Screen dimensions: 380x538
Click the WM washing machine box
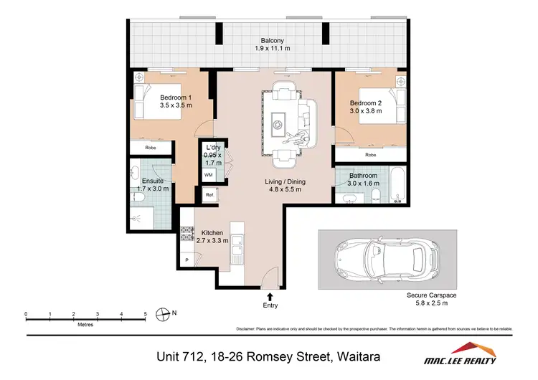[x=208, y=174]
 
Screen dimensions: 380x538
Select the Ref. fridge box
[x=209, y=195]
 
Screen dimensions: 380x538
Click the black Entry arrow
[x=270, y=295]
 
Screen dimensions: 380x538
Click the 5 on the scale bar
[x=145, y=314]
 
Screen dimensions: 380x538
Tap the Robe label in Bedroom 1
[x=151, y=148]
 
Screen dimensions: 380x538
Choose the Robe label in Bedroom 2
[x=370, y=154]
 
